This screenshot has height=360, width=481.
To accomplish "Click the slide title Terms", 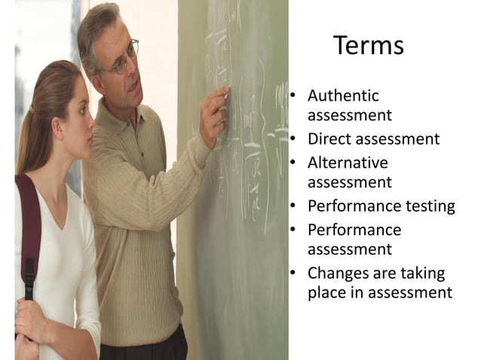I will [x=368, y=46].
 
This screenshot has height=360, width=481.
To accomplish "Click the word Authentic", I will [x=343, y=96].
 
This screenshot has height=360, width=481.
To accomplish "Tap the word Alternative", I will [x=348, y=163].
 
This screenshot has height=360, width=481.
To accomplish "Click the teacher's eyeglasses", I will [x=123, y=62].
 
